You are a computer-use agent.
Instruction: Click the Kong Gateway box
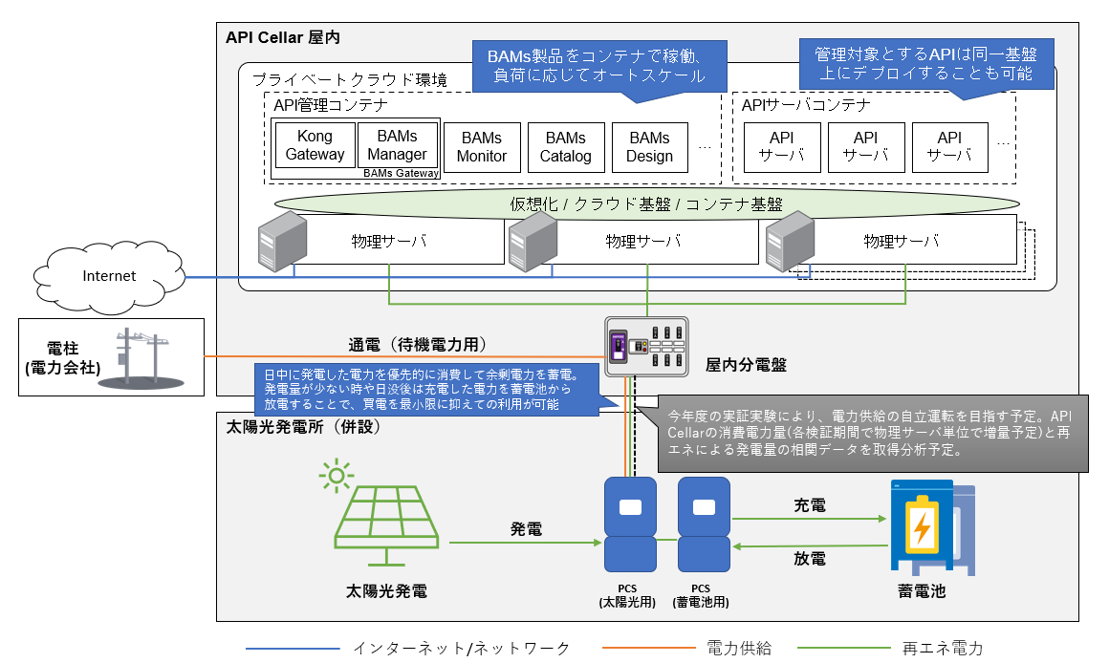click(315, 145)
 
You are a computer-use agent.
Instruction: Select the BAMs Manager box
click(397, 145)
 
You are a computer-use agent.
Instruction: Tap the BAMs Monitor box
click(482, 147)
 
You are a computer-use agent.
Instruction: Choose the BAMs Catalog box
click(566, 147)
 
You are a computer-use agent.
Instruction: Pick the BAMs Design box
click(650, 147)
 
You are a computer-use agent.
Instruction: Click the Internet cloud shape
click(109, 276)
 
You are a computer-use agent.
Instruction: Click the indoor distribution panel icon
click(647, 348)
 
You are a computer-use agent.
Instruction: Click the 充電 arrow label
click(810, 505)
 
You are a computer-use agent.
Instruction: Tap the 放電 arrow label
click(810, 559)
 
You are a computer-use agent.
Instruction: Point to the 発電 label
click(527, 528)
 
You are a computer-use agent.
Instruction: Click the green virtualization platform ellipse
click(646, 203)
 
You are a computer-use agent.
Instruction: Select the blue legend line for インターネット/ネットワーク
click(293, 649)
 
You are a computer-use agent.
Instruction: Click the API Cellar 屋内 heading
click(282, 38)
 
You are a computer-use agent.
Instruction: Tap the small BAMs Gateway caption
click(402, 173)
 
